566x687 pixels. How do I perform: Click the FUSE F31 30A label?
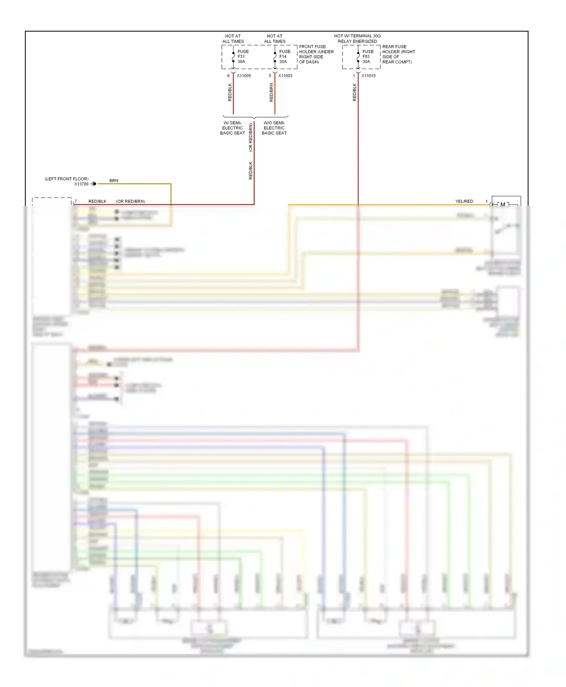[243, 57]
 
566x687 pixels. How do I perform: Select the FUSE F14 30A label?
[285, 57]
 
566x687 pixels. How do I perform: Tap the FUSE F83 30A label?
[368, 57]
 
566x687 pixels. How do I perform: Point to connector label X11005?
[244, 76]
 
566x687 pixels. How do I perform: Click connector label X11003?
[285, 76]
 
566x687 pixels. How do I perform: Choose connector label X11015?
[368, 76]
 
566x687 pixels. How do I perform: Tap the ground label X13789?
[81, 184]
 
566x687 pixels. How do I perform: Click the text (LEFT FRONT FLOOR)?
[67, 179]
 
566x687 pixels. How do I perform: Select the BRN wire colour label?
[114, 181]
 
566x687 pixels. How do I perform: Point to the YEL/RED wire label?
[464, 202]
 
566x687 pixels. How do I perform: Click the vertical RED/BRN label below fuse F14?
[271, 93]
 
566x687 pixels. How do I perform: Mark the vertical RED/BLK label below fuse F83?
[354, 93]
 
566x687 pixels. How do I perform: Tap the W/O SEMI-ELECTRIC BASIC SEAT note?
[274, 128]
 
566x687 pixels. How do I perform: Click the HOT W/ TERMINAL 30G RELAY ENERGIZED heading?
[357, 39]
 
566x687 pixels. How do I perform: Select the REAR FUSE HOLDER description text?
[398, 54]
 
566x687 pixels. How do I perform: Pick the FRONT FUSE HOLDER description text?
[316, 54]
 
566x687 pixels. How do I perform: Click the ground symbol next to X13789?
[94, 184]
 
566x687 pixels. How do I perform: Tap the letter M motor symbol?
[503, 205]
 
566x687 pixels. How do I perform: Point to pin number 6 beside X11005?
[228, 76]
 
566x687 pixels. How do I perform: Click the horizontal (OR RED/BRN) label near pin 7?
[131, 202]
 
